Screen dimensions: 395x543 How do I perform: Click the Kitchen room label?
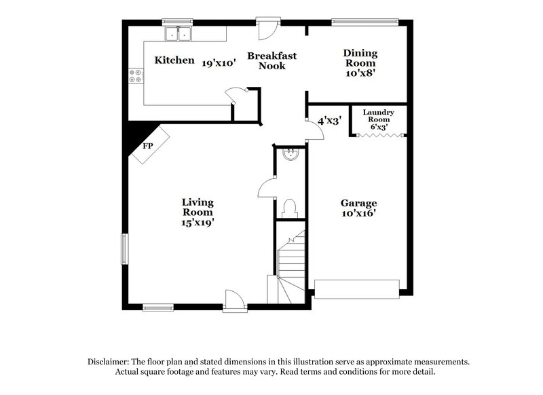(x=174, y=60)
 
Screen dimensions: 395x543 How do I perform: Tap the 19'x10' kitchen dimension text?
(x=218, y=62)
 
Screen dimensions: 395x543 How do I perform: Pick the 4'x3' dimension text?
(x=329, y=120)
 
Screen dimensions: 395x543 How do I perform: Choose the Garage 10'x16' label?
(x=358, y=208)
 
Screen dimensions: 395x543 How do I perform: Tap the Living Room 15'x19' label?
(x=198, y=211)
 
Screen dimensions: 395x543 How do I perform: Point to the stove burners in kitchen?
(x=135, y=76)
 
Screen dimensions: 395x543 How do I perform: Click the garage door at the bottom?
(x=357, y=290)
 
